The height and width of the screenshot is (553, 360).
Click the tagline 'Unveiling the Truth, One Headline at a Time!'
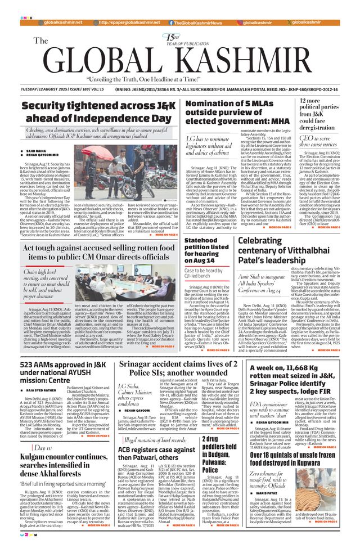[179, 80]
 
